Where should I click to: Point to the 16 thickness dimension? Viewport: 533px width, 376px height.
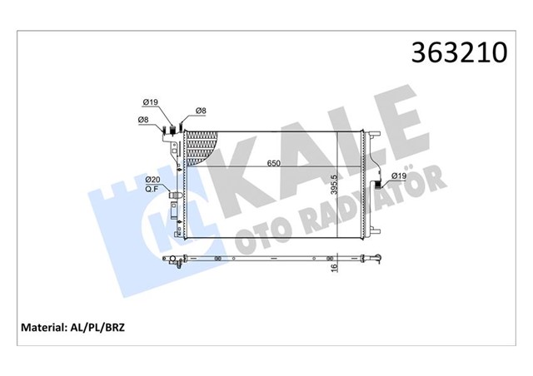(x=335, y=265)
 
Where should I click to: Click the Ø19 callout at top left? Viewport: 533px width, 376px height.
(x=151, y=102)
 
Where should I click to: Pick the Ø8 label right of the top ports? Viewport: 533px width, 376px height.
(x=201, y=111)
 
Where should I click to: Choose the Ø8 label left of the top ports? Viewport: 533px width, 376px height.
(x=143, y=121)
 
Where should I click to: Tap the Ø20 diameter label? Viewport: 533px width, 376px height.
(x=152, y=180)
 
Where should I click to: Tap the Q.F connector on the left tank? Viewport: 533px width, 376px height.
(x=174, y=196)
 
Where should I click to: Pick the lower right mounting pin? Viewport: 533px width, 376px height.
(x=376, y=235)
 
